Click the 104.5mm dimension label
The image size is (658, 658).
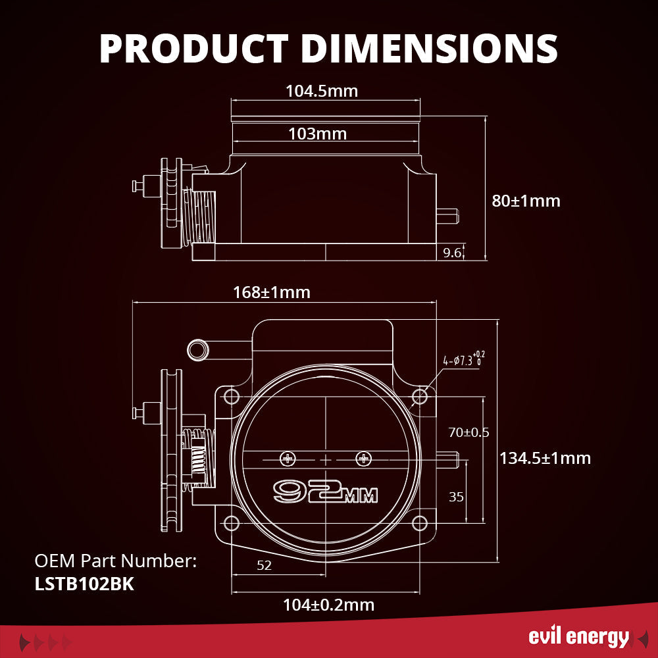coord(322,91)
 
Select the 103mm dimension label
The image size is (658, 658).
coord(317,134)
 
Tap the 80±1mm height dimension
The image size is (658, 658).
coord(526,201)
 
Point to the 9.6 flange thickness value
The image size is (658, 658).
coord(452,251)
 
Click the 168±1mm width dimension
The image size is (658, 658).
coord(271,292)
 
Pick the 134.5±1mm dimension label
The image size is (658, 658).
coord(544,457)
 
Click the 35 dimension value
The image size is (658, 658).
coord(456,497)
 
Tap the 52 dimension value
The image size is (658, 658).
coord(264,565)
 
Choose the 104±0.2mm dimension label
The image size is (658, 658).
coord(328,604)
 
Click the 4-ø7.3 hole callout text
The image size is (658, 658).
coord(468,359)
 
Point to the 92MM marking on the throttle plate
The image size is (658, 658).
coord(325,491)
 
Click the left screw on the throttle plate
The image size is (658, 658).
coord(287,457)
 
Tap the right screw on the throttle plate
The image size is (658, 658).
coord(363,457)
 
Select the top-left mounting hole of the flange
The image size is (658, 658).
coord(231,396)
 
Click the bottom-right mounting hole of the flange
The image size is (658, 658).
coord(420,523)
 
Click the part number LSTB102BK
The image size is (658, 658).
coord(84,584)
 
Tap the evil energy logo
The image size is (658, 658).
coord(579,637)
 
